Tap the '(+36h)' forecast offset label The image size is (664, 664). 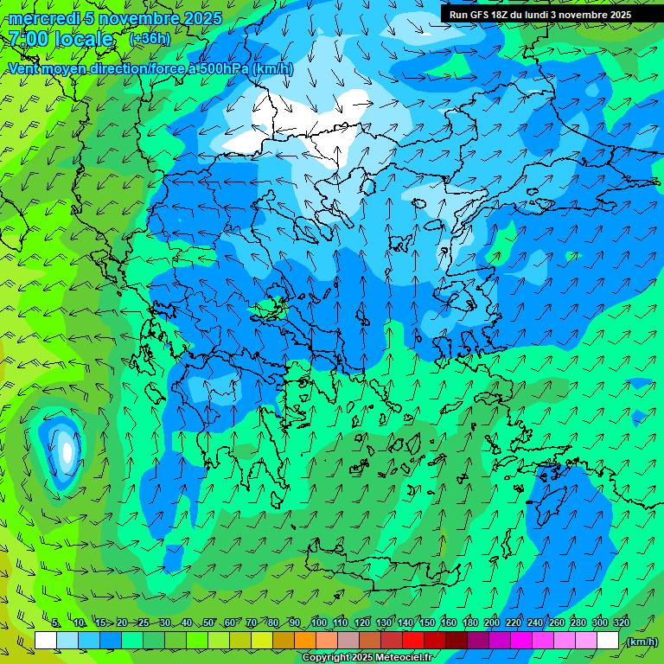(150, 38)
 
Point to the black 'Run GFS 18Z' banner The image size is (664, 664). (539, 14)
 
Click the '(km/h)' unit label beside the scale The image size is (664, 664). (641, 641)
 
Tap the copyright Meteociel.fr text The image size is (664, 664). (367, 658)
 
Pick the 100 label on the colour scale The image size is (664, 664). (319, 622)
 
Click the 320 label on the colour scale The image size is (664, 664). (621, 622)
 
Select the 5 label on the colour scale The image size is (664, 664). (56, 622)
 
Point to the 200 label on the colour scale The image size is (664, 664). (491, 622)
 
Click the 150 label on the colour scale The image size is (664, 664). (426, 622)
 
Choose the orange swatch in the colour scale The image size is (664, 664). (305, 641)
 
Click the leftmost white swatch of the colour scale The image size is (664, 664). (46, 641)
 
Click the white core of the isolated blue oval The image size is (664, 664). (67, 450)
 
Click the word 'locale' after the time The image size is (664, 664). (84, 39)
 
